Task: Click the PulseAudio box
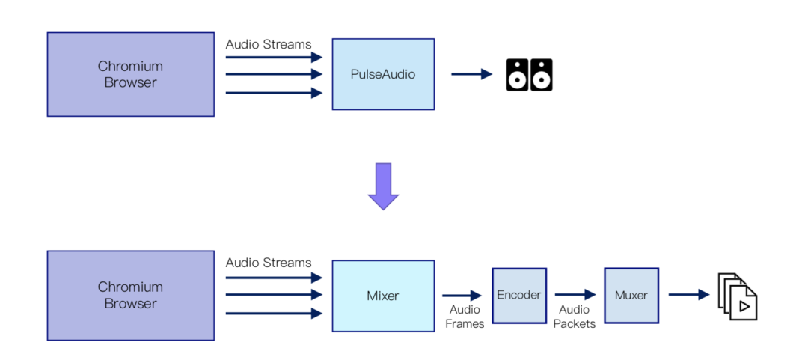[383, 74]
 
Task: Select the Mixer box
[383, 296]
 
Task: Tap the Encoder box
[518, 295]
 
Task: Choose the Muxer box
[631, 295]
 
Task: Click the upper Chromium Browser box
[131, 74]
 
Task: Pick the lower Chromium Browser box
[131, 296]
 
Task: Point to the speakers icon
[529, 74]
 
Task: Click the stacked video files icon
[738, 296]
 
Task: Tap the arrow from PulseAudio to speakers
[471, 74]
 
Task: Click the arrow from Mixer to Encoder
[462, 296]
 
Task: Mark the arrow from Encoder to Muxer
[575, 295]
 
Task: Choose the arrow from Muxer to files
[688, 295]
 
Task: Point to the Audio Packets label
[575, 317]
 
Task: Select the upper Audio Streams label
[269, 44]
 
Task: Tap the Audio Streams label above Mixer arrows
[269, 263]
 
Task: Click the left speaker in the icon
[517, 74]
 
